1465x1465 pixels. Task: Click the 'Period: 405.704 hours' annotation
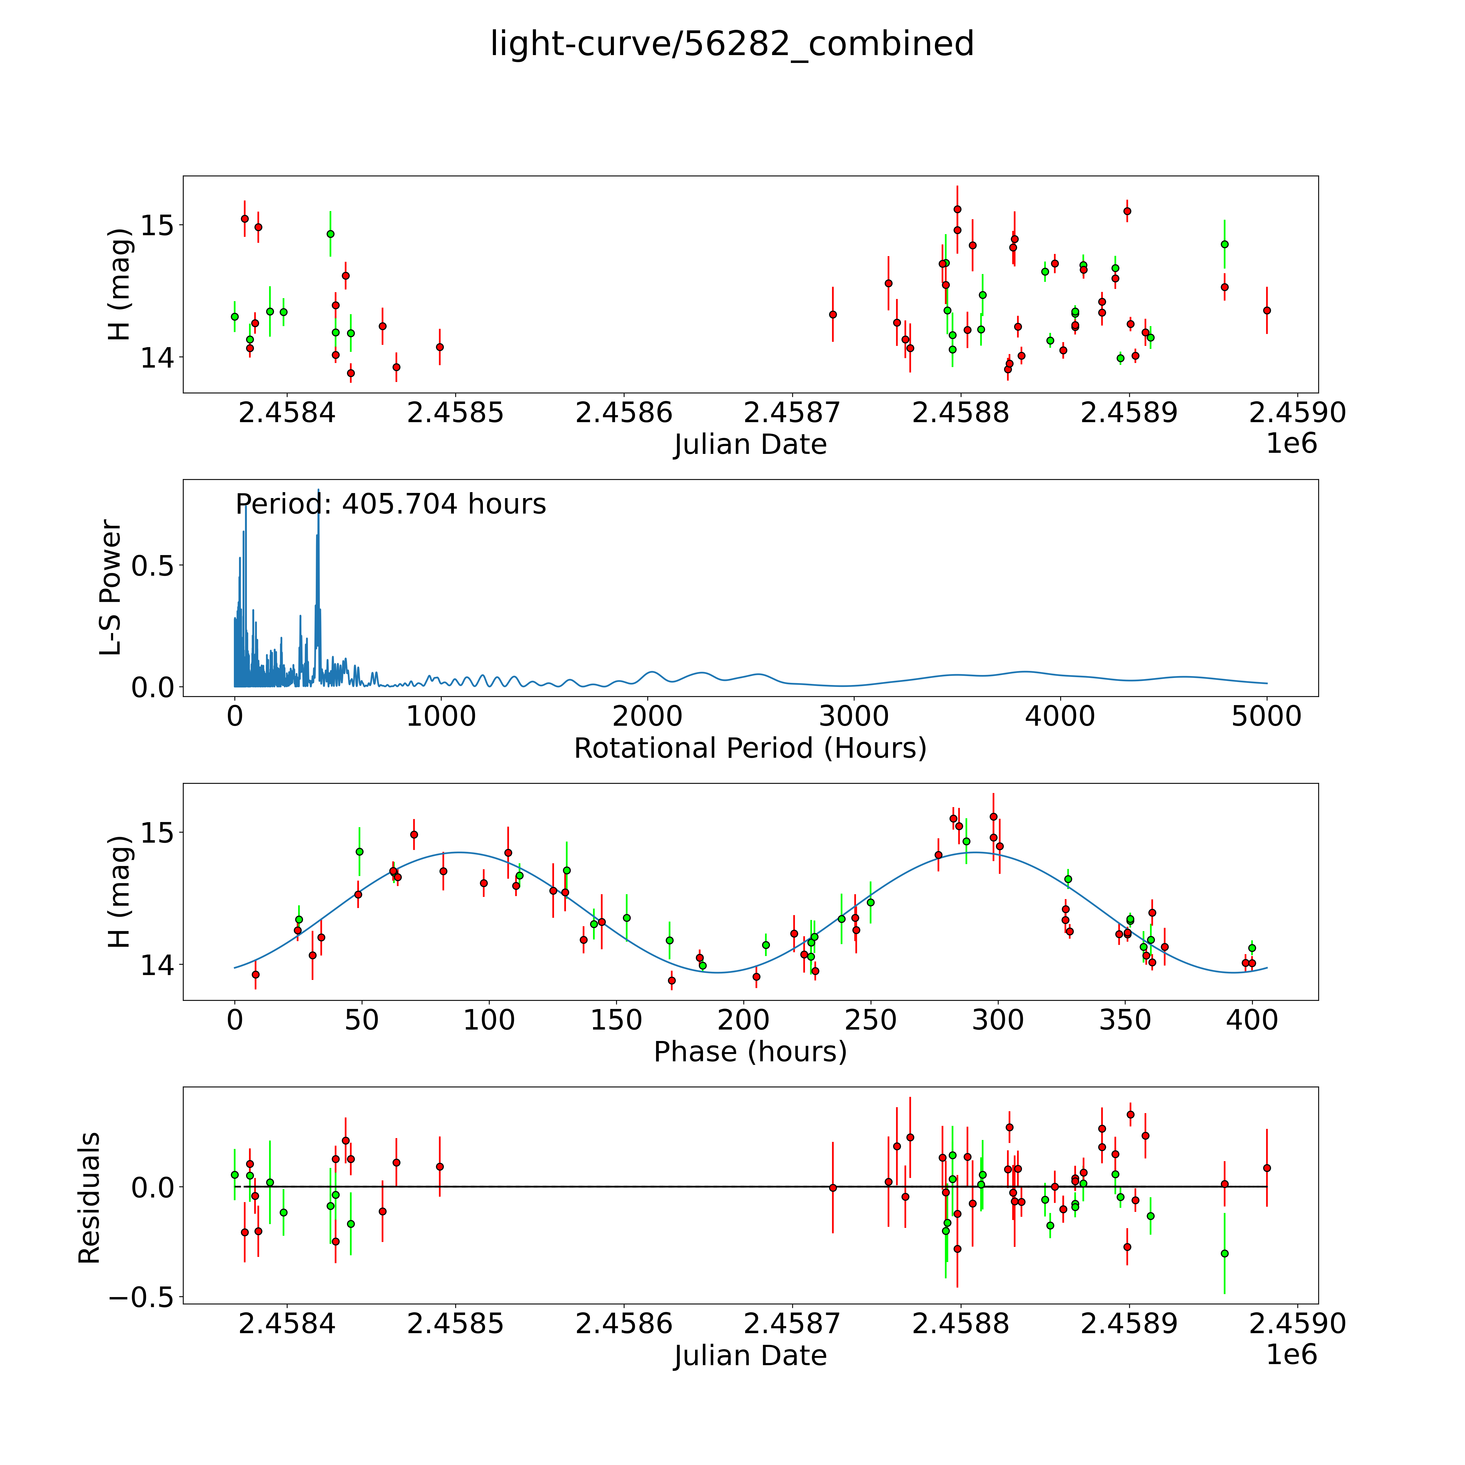point(390,504)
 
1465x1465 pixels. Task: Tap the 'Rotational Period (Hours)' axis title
point(750,749)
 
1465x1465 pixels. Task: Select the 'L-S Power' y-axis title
point(111,588)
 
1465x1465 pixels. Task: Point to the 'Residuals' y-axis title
point(90,1198)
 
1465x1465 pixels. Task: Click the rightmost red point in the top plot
point(1266,310)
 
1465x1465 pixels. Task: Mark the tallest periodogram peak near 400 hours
point(319,491)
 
